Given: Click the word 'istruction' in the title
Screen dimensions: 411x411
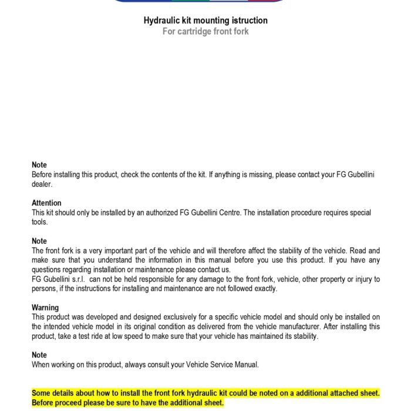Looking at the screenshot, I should click(x=247, y=21).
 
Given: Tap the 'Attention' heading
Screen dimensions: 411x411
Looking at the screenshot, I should click(x=46, y=203).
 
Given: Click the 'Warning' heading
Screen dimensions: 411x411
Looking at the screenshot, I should click(x=45, y=308).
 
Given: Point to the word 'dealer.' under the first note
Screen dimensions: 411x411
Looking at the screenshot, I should click(x=42, y=184).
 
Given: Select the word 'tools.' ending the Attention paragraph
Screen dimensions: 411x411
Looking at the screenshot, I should click(x=39, y=222).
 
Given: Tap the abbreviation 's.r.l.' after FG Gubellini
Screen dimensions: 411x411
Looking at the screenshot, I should click(x=78, y=279).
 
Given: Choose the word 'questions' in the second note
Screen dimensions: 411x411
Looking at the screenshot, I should click(x=48, y=269).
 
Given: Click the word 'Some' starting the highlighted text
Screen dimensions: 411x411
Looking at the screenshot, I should click(x=42, y=393).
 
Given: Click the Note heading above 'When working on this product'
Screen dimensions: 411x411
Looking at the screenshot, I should click(x=39, y=355).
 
